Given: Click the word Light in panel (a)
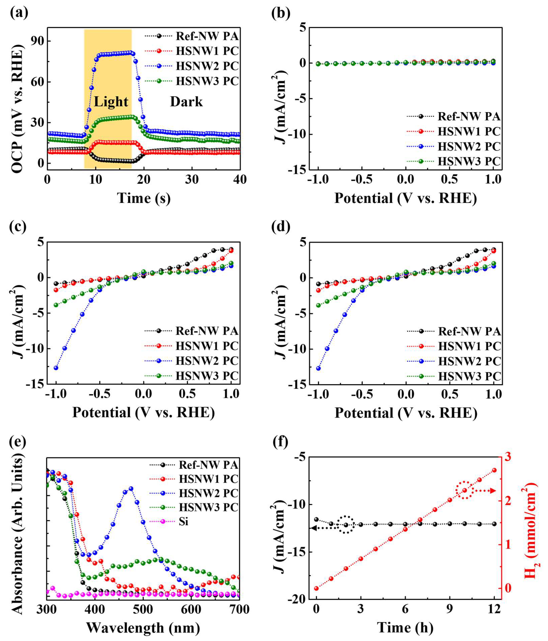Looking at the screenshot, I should click(111, 102).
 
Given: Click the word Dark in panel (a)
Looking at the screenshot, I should click(186, 102).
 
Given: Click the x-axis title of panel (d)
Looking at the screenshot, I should click(406, 413).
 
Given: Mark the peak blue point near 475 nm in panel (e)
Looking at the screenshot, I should click(131, 489).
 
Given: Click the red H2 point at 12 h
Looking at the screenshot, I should click(494, 470).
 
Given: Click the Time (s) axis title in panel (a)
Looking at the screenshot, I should click(144, 198).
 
